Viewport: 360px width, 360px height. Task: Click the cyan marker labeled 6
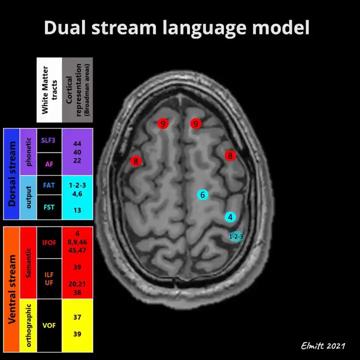pyautogui.click(x=202, y=194)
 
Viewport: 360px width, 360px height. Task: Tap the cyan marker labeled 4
pyautogui.click(x=230, y=217)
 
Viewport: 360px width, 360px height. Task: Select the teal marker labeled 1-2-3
pyautogui.click(x=236, y=236)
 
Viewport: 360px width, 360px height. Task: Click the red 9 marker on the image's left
pyautogui.click(x=162, y=123)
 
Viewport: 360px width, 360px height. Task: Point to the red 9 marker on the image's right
pyautogui.click(x=195, y=123)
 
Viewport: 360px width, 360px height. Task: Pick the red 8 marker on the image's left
pyautogui.click(x=135, y=161)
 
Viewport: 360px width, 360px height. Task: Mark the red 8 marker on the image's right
pyautogui.click(x=230, y=155)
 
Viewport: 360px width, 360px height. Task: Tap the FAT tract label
pyautogui.click(x=49, y=185)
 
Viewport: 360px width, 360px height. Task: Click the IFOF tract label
pyautogui.click(x=49, y=243)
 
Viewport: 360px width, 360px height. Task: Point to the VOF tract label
pyautogui.click(x=49, y=324)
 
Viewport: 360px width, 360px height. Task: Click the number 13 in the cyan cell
pyautogui.click(x=77, y=210)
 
